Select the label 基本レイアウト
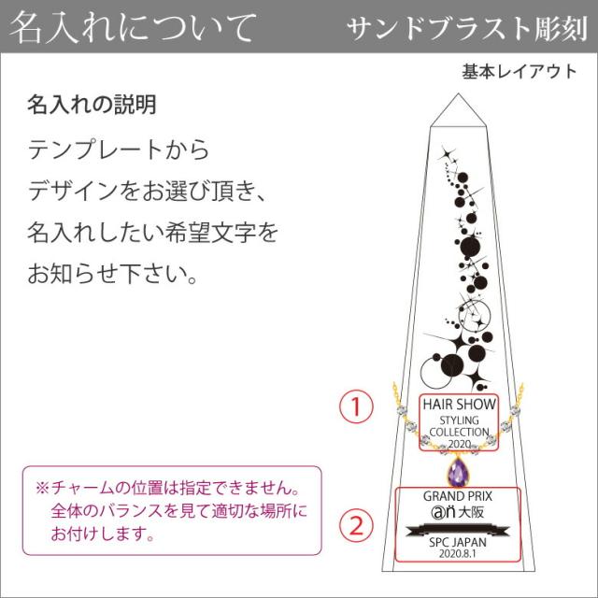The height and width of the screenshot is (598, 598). [519, 72]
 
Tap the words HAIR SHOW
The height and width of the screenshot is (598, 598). [458, 405]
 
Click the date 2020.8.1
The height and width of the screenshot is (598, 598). [458, 554]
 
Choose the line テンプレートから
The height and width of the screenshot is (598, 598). [120, 149]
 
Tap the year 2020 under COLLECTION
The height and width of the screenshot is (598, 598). [458, 444]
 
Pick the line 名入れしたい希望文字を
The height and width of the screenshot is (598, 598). [153, 233]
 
